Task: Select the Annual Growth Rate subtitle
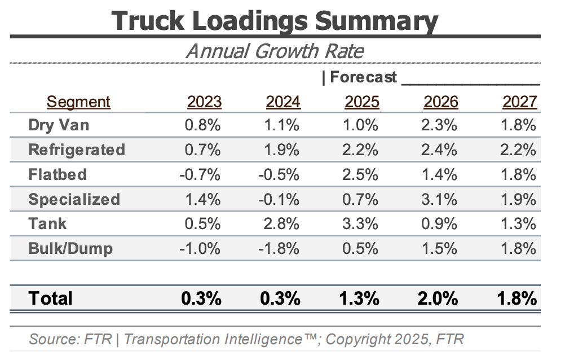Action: coord(275,51)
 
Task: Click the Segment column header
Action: coord(78,102)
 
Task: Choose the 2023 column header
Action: coord(204,102)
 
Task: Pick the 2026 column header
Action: coord(440,102)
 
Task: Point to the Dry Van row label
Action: coord(59,125)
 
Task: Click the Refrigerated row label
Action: coord(77,150)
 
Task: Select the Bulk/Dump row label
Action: coord(70,248)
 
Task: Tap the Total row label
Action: coord(51,298)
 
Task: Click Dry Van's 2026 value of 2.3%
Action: coord(440,125)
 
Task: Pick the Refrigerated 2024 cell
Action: coord(282,150)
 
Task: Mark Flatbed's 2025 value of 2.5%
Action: coord(361,174)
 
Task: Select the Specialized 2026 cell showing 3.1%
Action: coord(440,199)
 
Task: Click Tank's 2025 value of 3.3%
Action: coord(361,223)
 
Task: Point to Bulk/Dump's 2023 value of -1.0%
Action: coord(201,248)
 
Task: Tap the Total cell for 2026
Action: coord(438,298)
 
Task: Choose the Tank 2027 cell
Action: coord(519,223)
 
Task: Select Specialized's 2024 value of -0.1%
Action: coord(280,199)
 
